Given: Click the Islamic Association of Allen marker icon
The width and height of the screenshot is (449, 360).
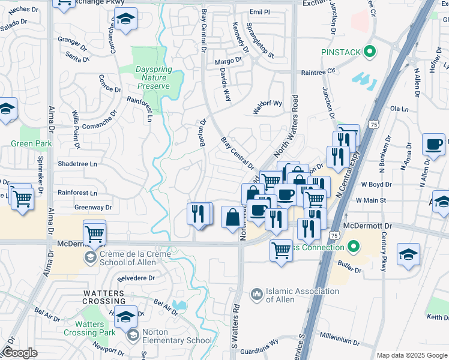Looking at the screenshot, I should (x=257, y=294).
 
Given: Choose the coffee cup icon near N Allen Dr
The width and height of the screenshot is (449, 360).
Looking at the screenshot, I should (x=433, y=145).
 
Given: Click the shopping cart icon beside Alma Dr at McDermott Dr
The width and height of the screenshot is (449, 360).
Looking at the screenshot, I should (x=94, y=233).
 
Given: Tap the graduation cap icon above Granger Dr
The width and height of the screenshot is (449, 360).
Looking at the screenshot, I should (x=125, y=20).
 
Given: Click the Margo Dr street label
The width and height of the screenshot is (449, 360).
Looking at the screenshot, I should (x=228, y=61).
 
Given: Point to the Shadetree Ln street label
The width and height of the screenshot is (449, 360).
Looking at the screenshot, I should (x=77, y=164).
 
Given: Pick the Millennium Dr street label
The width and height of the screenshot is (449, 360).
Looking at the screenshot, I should (x=339, y=338).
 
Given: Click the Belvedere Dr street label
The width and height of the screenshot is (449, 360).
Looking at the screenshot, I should (x=136, y=278).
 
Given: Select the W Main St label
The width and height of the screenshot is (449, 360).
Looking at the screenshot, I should (x=369, y=200).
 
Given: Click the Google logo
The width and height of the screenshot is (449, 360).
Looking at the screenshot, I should (x=20, y=353).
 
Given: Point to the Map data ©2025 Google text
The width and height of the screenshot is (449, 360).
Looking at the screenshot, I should (x=411, y=355).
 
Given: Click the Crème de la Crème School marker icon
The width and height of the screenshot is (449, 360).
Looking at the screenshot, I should (x=91, y=258).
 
